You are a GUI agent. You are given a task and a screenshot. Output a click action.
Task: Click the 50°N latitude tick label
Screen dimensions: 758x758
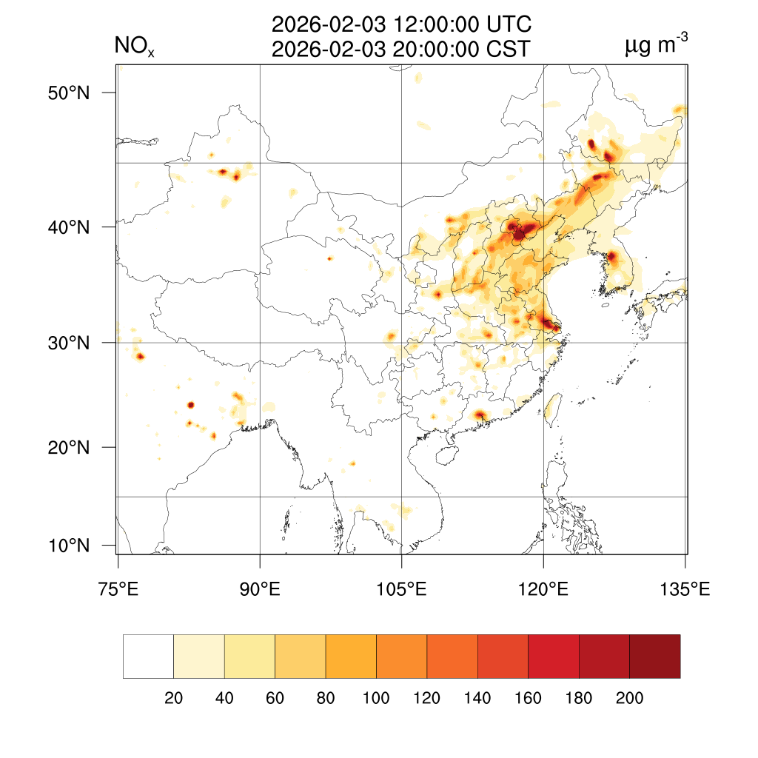pos(70,93)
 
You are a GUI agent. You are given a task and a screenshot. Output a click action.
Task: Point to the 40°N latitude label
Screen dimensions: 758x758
pos(70,227)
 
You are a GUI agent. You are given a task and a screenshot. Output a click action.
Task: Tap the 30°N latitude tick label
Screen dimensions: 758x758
pos(70,343)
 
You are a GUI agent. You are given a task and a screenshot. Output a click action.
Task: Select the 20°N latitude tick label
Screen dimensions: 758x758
pos(70,447)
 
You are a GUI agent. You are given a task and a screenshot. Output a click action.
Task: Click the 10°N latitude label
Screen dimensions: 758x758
pos(70,546)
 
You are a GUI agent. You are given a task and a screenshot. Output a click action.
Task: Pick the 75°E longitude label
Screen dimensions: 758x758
pos(118,590)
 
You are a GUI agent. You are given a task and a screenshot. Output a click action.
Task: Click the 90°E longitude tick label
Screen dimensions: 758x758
pos(260,590)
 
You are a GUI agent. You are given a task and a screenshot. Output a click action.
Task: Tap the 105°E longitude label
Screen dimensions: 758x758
pos(401,590)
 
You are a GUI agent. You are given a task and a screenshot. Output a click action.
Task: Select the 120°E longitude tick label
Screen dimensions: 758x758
pos(543,590)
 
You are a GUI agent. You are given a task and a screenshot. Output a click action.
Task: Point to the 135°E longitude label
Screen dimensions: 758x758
pos(685,590)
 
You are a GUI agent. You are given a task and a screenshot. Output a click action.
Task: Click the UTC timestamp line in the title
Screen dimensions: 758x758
pos(401,24)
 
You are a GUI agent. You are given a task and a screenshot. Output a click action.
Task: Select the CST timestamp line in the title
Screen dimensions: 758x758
pos(401,50)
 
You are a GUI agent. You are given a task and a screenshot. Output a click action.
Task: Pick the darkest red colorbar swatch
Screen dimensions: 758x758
pos(654,656)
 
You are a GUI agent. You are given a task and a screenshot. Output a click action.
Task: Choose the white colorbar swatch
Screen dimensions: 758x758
pos(148,656)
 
